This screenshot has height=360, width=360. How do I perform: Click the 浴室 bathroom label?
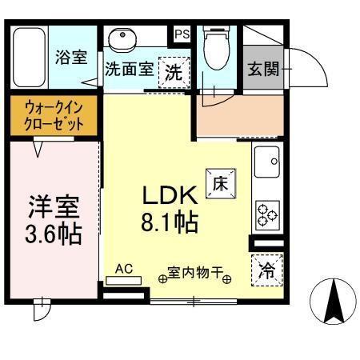click(71, 58)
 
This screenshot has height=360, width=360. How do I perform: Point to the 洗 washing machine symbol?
click(174, 71)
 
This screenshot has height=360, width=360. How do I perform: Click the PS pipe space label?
click(182, 34)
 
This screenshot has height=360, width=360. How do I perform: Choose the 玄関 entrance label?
click(263, 70)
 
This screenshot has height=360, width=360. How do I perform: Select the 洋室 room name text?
click(54, 208)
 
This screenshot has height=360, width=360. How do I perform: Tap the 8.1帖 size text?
click(170, 222)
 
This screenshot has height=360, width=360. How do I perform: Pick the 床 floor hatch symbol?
click(220, 182)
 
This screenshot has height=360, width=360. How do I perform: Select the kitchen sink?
click(266, 162)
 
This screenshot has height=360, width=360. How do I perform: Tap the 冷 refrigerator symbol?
click(266, 270)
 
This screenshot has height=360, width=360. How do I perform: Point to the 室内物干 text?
click(195, 273)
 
